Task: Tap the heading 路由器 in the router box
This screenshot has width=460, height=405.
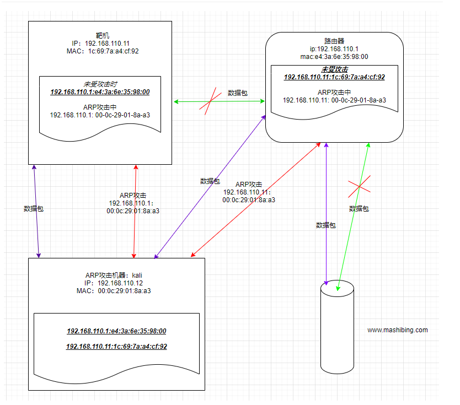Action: pyautogui.click(x=334, y=40)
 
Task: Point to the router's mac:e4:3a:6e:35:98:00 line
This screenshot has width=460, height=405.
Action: pyautogui.click(x=334, y=56)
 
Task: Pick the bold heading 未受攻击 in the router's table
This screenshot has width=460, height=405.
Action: pyautogui.click(x=334, y=69)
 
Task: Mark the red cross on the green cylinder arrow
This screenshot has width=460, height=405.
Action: pyautogui.click(x=359, y=188)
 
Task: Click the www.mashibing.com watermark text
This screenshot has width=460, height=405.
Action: pyautogui.click(x=397, y=330)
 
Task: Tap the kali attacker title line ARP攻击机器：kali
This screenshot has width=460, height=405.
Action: pyautogui.click(x=117, y=275)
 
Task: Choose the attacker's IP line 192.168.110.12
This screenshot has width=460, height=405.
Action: pyautogui.click(x=116, y=283)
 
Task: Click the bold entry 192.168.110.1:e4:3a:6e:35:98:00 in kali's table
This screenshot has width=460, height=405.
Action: pyautogui.click(x=116, y=331)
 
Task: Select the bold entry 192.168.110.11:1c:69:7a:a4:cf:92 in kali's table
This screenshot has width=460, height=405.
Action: pyautogui.click(x=116, y=347)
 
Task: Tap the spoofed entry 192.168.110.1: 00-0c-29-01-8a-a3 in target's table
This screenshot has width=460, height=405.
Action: pyautogui.click(x=100, y=115)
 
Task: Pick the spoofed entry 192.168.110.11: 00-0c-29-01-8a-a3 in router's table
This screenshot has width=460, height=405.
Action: pyautogui.click(x=334, y=100)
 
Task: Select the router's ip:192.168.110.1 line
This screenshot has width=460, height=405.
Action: pyautogui.click(x=334, y=48)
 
